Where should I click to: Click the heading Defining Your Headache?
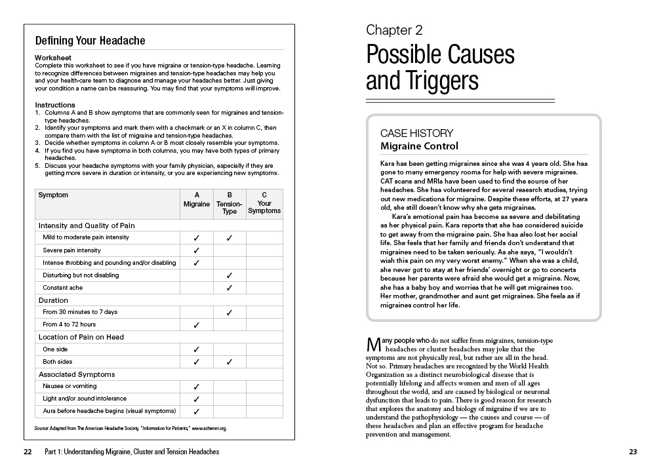coord(90,41)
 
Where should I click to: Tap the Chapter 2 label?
coord(394,29)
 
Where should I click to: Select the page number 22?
coord(27,452)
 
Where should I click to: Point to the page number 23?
coord(632,452)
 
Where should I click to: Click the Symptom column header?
coord(53,195)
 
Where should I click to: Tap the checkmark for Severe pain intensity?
coord(196,250)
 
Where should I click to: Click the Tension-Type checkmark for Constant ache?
coord(230,288)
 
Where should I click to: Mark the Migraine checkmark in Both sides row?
coord(196,362)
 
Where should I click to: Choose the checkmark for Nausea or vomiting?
coord(196,387)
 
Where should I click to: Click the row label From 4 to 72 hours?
coord(70,324)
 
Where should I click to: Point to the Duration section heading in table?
coord(53,300)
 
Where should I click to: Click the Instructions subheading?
coord(55,105)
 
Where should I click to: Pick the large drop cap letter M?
coord(372,345)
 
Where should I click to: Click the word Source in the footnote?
coord(43,428)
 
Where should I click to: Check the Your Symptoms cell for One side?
coord(264,349)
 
